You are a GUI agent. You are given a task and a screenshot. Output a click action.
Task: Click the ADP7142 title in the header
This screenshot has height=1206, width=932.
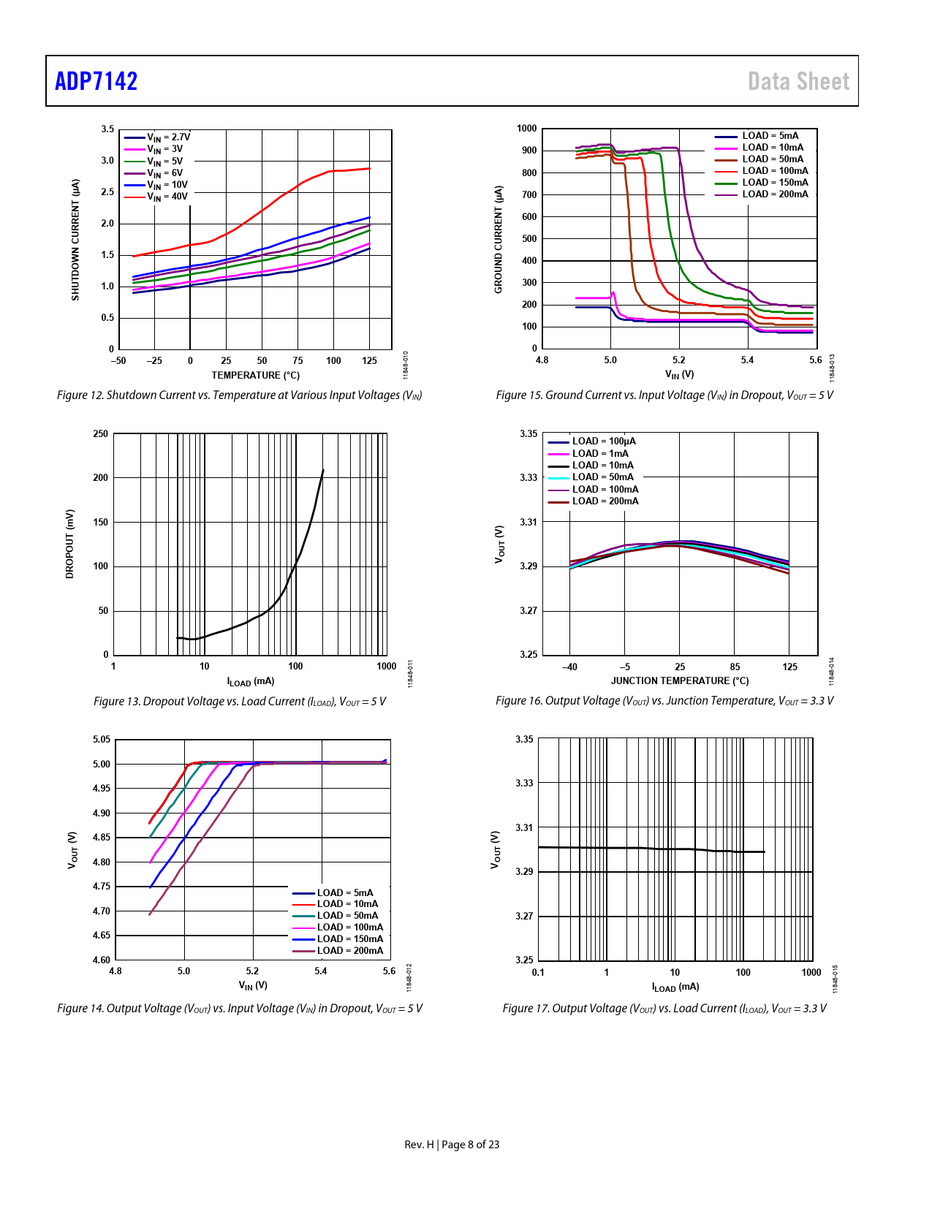96,81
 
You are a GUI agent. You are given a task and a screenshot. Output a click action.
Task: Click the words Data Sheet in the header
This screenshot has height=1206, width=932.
798,81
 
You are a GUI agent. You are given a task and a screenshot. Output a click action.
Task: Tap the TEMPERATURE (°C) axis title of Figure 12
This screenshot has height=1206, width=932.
255,376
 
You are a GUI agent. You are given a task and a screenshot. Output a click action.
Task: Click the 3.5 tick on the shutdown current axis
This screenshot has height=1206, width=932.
107,129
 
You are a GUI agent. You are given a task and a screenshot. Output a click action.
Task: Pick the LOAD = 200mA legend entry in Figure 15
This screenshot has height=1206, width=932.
775,194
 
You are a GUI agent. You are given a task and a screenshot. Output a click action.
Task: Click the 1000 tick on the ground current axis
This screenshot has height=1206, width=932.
527,129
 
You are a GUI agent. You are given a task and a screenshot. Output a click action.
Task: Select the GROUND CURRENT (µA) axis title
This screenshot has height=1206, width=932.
499,239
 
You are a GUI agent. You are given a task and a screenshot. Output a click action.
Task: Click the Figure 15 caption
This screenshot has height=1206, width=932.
664,395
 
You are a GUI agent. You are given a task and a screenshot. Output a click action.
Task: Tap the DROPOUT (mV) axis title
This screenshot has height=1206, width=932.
70,544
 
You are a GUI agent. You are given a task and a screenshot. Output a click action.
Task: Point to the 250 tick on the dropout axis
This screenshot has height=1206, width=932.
101,434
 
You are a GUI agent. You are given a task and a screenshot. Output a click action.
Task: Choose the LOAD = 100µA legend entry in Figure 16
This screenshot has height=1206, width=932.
603,441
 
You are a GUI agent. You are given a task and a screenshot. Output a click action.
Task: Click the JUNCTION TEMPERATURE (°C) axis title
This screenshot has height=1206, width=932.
680,681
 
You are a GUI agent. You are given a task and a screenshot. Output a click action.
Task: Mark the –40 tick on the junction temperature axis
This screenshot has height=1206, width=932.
569,667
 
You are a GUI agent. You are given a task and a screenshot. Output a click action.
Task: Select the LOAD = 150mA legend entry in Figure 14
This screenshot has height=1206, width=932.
349,939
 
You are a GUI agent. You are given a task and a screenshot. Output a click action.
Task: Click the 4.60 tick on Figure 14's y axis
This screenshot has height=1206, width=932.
102,960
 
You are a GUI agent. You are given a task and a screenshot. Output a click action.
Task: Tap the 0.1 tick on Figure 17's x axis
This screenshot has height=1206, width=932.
538,973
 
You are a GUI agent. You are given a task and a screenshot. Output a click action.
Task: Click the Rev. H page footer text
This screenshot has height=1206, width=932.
452,1145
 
